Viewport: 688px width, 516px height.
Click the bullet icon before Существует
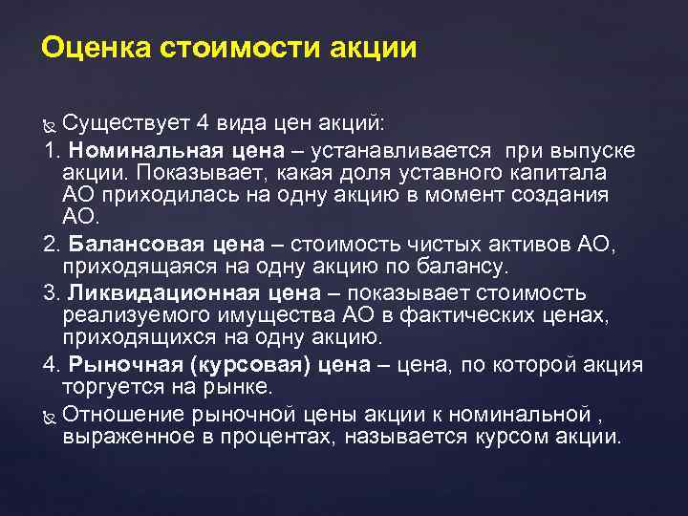pyautogui.click(x=51, y=126)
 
